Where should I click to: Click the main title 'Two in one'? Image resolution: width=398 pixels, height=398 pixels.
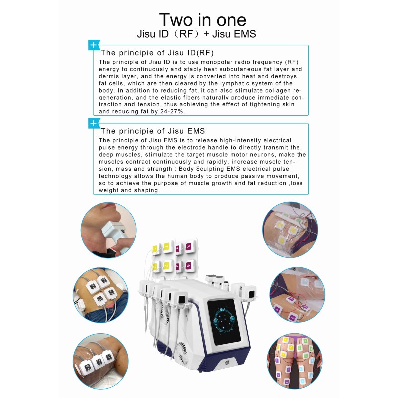(202, 19)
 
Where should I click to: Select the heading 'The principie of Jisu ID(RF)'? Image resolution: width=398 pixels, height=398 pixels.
(158, 52)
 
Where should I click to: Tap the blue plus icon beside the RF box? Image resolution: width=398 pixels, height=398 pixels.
(93, 45)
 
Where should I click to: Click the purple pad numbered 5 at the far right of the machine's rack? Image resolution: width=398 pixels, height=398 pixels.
(188, 247)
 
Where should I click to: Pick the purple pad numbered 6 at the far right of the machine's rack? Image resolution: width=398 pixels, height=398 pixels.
(188, 266)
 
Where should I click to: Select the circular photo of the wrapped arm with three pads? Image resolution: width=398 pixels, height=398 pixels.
(100, 360)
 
